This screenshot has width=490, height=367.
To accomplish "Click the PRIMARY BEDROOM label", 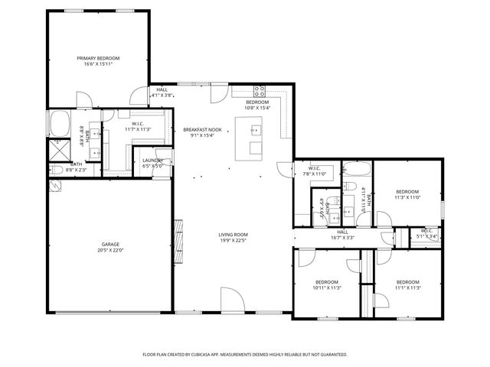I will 98,58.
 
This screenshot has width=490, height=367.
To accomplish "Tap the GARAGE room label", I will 110,245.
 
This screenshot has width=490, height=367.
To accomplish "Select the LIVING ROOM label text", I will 233,235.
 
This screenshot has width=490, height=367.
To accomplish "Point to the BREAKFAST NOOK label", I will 202,130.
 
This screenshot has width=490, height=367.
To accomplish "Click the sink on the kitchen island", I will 256,130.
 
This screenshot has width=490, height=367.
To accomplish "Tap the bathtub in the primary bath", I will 60,122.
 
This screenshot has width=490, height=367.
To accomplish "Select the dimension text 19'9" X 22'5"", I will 233,241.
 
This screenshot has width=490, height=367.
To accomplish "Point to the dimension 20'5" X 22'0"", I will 110,251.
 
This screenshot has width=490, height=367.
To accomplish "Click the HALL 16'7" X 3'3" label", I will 342,235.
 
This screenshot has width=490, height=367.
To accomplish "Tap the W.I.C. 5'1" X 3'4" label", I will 426,233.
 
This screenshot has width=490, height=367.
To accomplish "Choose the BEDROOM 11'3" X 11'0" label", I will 407,194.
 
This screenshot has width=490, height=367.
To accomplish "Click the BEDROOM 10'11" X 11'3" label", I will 326,285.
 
